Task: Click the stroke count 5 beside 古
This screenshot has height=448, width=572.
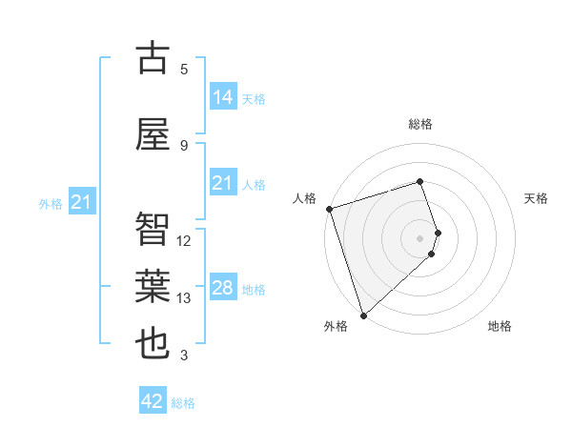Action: (184, 70)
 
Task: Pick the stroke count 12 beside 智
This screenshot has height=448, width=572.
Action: (185, 241)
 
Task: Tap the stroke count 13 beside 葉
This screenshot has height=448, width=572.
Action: (185, 298)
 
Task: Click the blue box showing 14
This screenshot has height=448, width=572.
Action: (223, 96)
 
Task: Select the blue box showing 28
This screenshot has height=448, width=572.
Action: (223, 288)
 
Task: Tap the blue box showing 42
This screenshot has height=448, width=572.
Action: (153, 401)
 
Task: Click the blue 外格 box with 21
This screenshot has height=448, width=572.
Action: (81, 202)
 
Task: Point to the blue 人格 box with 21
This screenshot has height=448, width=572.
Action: (223, 183)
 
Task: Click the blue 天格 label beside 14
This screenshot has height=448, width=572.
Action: (254, 98)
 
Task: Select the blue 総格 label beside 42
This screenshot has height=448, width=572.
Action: (183, 403)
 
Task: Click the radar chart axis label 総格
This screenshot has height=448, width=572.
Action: (420, 124)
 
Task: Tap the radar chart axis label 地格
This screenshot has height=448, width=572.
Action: (500, 326)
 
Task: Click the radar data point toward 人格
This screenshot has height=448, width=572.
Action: (329, 209)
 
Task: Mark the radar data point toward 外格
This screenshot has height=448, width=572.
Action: (363, 315)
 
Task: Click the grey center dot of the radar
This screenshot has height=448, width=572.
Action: (420, 237)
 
